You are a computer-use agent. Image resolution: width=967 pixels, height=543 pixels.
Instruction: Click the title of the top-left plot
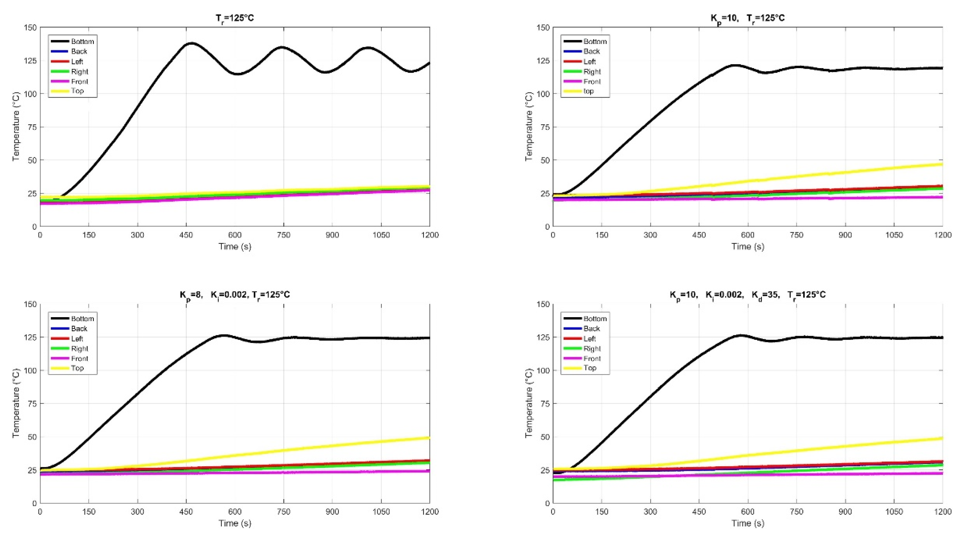pyautogui.click(x=235, y=18)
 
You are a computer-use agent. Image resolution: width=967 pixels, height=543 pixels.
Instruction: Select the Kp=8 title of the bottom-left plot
pyautogui.click(x=235, y=295)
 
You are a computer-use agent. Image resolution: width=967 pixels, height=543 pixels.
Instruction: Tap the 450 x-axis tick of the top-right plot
pyautogui.click(x=699, y=235)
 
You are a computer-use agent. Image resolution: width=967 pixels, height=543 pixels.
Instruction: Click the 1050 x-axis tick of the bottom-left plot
pyautogui.click(x=381, y=512)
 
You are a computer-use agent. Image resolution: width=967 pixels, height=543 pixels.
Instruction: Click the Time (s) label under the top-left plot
pyautogui.click(x=235, y=246)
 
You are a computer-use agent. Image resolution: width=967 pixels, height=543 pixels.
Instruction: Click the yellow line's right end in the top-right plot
pyautogui.click(x=942, y=164)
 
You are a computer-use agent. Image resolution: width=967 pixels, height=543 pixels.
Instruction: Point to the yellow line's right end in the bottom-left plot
pyautogui.click(x=429, y=438)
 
